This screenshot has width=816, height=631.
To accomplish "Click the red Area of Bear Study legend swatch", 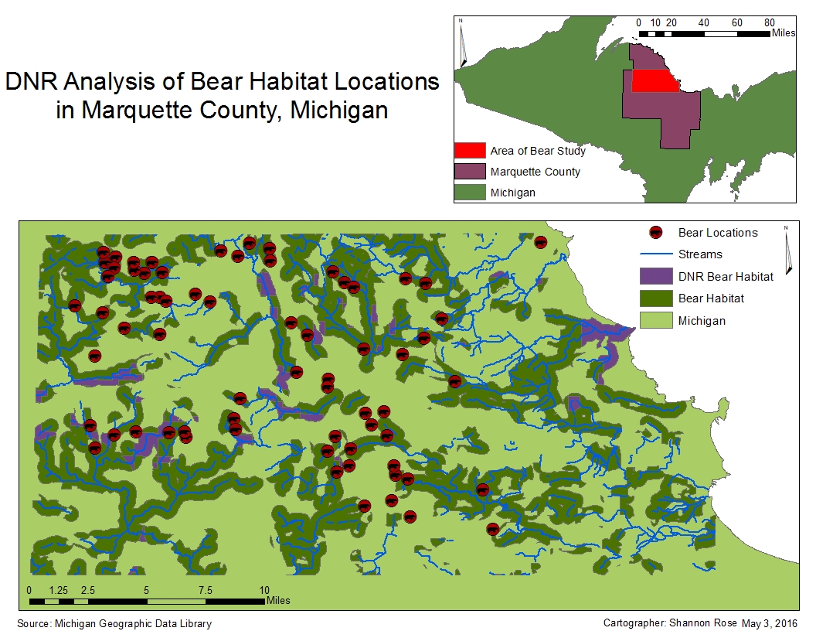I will pos(469,151).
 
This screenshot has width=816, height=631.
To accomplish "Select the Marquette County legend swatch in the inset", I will pos(469,172).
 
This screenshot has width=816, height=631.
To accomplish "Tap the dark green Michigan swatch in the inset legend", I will pos(469,192).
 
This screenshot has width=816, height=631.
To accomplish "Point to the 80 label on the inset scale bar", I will pos(770,22).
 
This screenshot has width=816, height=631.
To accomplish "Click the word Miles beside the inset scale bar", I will pos(784,33).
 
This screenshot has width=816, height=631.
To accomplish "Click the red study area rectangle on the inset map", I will pos(654,80).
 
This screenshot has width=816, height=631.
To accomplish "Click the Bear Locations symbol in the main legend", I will pos(655,232).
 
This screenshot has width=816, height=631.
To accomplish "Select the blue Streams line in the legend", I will pos(655,254).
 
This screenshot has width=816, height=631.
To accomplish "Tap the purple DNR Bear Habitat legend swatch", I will pos(655,276).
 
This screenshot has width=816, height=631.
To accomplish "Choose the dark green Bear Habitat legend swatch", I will pos(655,298).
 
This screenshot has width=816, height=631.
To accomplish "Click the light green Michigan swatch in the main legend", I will pos(655,320).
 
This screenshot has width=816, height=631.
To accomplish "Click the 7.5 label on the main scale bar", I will pos(206,590).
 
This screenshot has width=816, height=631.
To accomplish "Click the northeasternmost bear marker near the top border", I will pos(541,242).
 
